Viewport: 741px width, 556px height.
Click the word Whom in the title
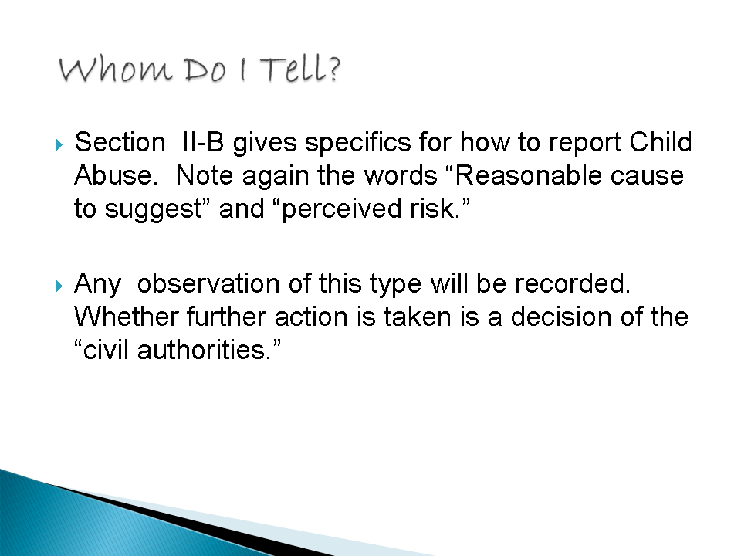115,70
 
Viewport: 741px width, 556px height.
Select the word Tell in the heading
293,69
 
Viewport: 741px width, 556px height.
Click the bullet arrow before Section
59,144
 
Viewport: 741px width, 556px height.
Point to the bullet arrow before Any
59,286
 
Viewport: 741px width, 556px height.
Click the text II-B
203,142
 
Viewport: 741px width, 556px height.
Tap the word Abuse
116,175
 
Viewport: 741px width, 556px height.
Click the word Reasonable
527,175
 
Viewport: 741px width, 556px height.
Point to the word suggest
154,209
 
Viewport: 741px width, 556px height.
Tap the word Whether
127,317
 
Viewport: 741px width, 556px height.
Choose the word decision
561,317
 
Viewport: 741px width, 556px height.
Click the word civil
106,351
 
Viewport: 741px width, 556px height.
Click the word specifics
357,143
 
